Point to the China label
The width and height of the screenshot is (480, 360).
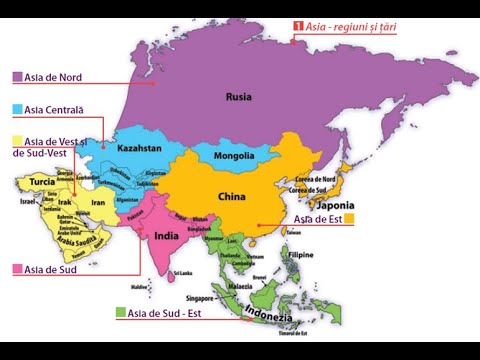(x=231, y=197)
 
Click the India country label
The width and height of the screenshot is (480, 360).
(x=166, y=237)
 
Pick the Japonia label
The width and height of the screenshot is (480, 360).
(x=335, y=206)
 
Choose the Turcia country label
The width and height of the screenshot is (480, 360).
(x=42, y=182)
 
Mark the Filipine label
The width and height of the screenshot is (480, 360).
(x=301, y=255)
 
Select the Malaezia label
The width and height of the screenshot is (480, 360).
(x=241, y=286)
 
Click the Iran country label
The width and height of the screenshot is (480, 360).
(x=98, y=203)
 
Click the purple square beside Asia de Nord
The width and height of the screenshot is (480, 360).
(x=18, y=77)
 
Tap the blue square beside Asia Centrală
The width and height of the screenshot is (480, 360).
(x=18, y=109)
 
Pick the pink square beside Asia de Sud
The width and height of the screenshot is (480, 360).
(x=18, y=269)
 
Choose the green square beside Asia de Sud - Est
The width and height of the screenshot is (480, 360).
(x=121, y=313)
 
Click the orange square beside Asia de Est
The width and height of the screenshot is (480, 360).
(x=349, y=218)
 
